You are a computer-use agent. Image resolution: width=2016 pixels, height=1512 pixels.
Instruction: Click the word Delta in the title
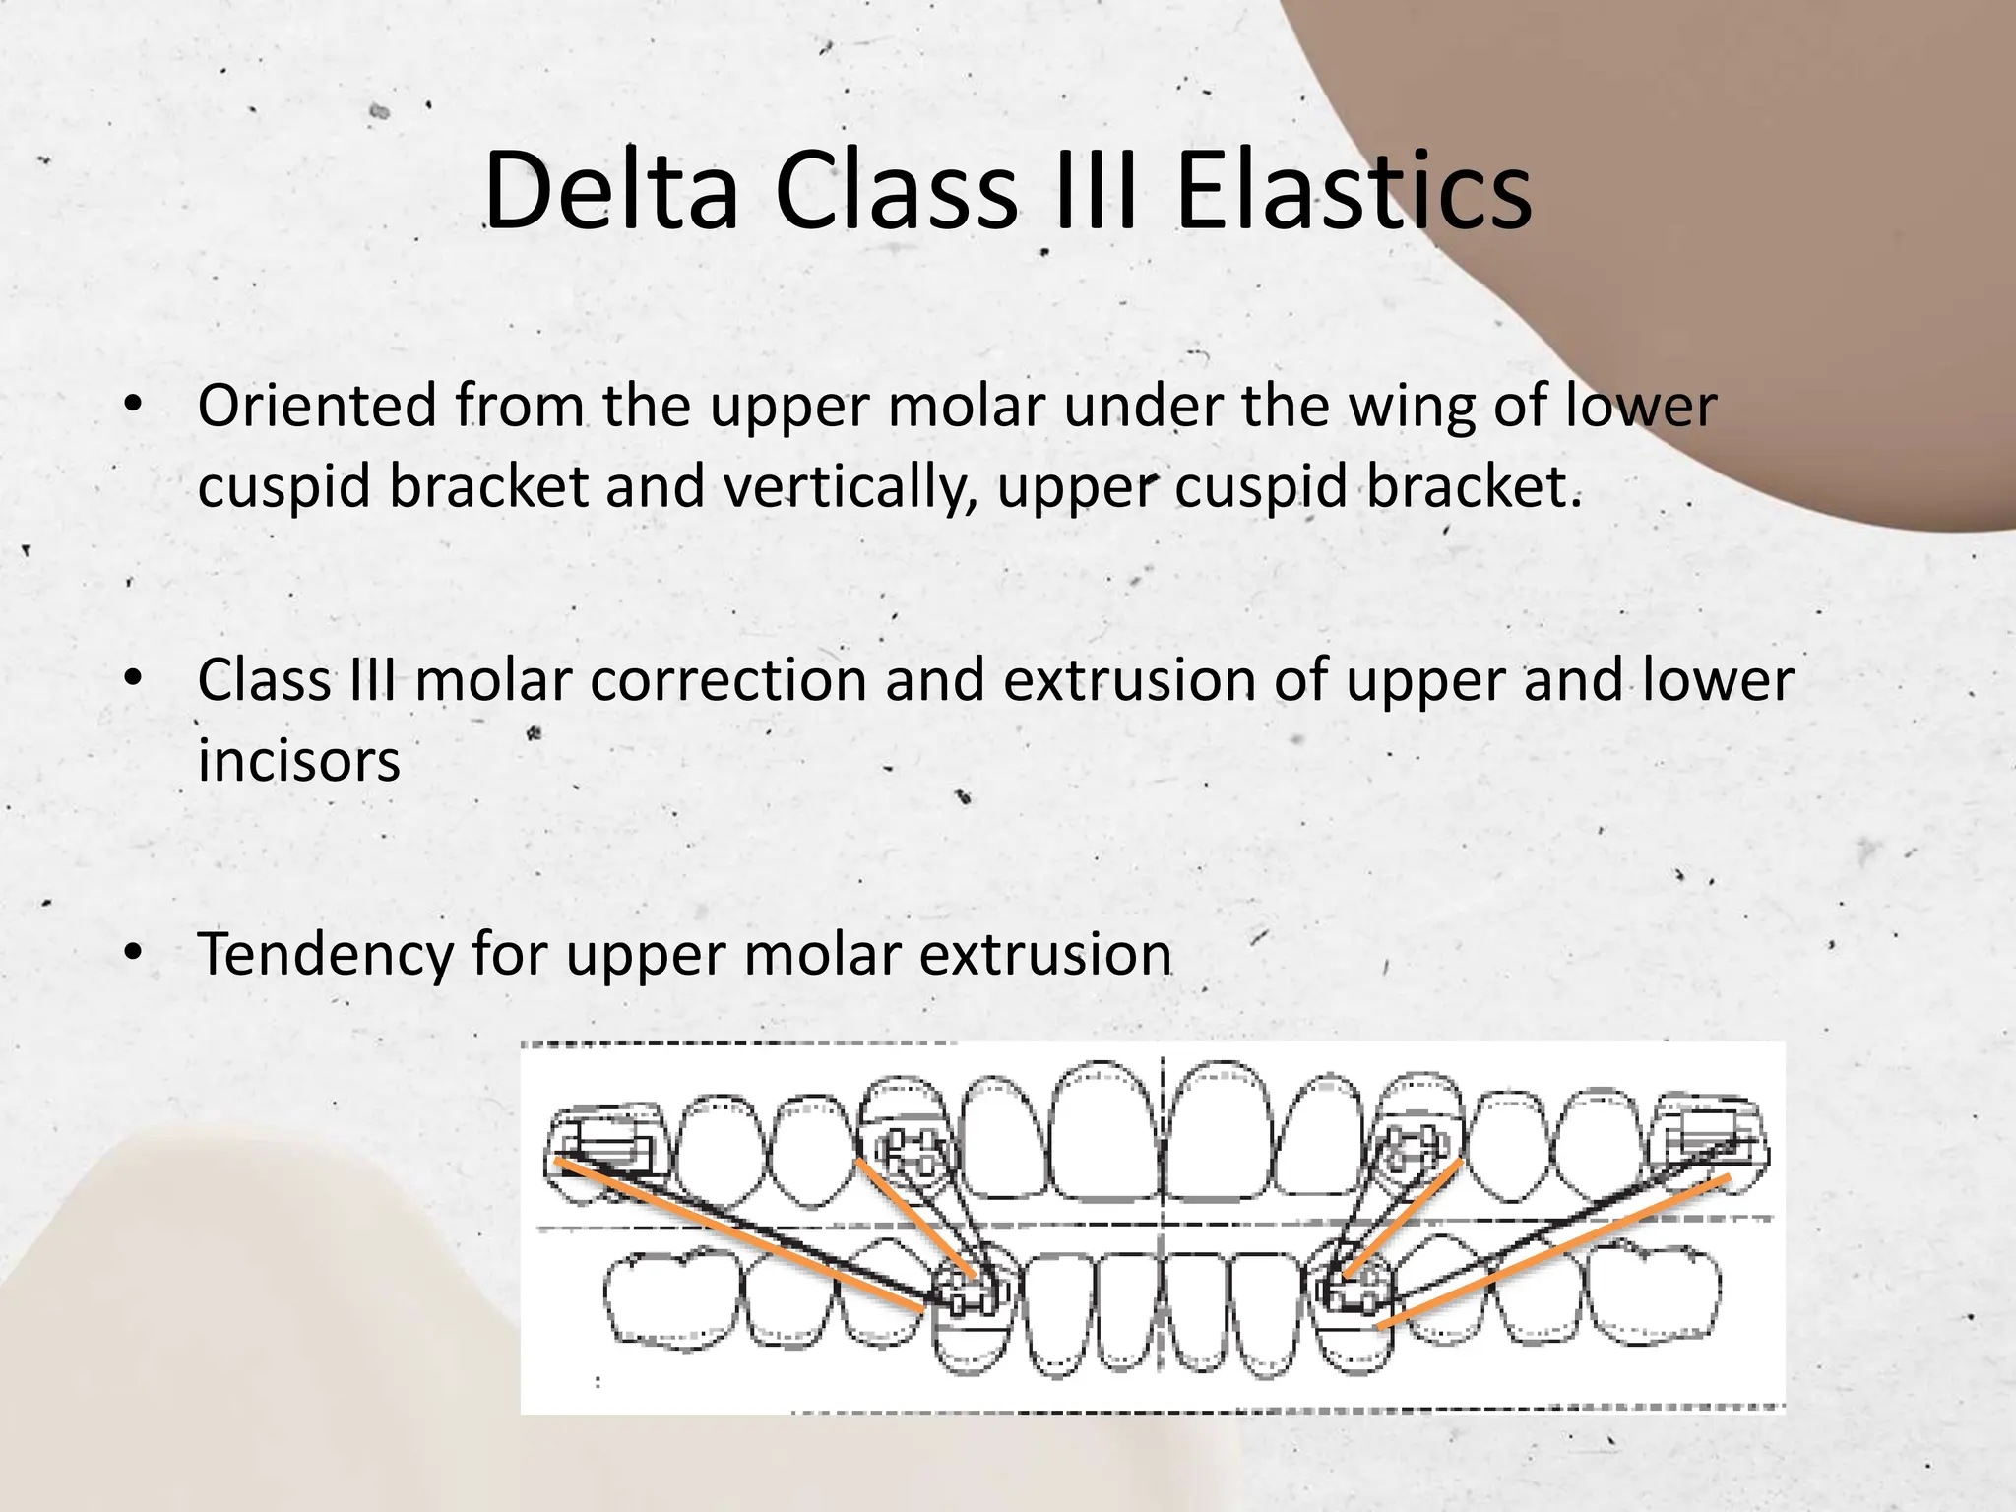coord(610,192)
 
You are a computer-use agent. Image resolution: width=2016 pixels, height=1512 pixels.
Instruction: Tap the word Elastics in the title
coord(1354,192)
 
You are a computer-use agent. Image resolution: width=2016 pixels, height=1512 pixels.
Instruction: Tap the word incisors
coord(298,762)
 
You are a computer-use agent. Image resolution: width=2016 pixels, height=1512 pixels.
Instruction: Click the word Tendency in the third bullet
coord(325,955)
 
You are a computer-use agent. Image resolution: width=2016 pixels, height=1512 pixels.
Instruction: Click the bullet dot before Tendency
coord(134,953)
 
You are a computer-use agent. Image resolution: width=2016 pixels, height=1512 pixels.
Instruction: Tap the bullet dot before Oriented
coord(134,406)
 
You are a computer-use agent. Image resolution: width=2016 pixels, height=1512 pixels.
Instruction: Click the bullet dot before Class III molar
coord(134,679)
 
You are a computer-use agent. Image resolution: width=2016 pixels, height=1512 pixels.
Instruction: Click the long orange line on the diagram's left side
coord(738,1234)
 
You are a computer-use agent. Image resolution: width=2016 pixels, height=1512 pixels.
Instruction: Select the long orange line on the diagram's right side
coord(1555,1250)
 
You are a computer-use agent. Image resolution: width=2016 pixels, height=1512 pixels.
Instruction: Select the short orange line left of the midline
coord(915,1221)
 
